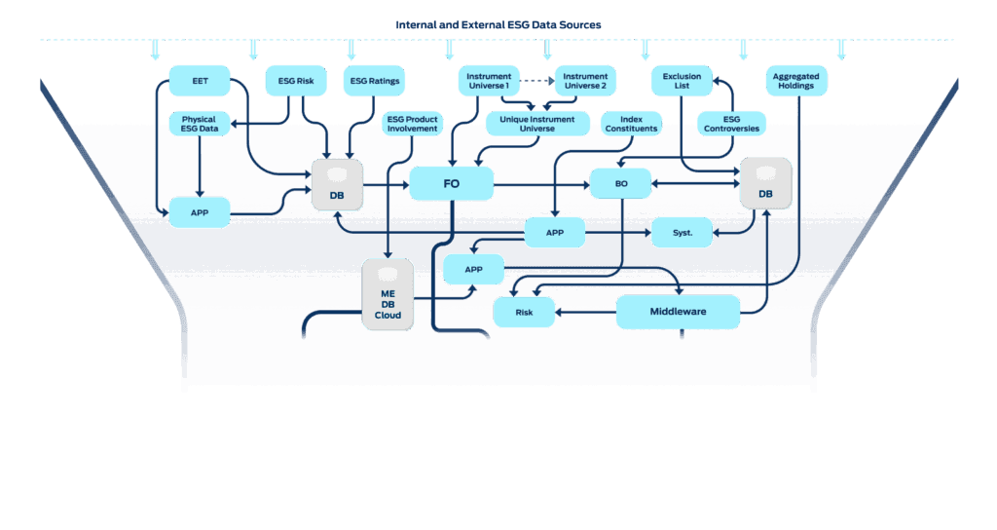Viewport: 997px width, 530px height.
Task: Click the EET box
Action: [x=200, y=81]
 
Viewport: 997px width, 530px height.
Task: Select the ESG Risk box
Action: [x=295, y=81]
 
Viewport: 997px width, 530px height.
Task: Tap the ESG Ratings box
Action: [x=373, y=81]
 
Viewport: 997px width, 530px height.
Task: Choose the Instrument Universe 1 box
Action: [x=489, y=81]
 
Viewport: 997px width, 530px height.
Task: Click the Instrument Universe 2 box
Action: [x=585, y=81]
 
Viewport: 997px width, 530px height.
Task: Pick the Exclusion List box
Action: [x=682, y=81]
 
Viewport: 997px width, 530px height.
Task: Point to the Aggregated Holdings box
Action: [x=796, y=81]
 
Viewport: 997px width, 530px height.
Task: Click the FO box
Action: [x=451, y=183]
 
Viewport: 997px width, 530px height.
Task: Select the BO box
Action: [x=620, y=183]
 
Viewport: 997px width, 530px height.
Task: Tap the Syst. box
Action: [x=683, y=233]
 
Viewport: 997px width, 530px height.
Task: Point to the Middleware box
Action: [x=678, y=312]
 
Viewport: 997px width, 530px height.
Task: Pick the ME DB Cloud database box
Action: [x=388, y=294]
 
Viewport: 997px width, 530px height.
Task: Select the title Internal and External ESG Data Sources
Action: [x=498, y=23]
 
